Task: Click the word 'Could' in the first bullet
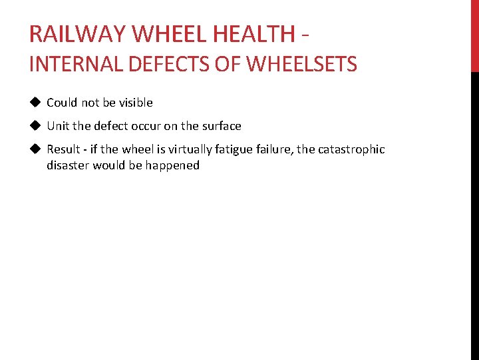coord(62,103)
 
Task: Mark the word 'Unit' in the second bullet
coord(58,126)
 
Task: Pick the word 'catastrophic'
coord(351,150)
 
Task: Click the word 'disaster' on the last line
coord(68,165)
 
